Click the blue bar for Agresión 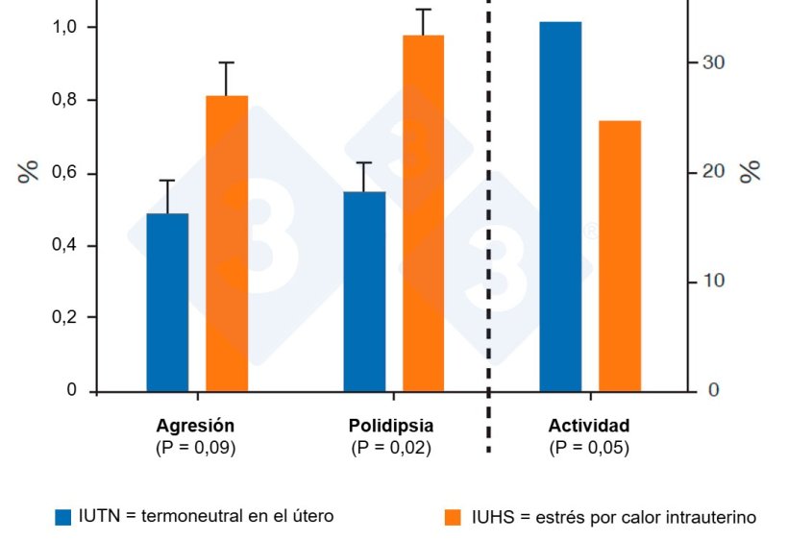coord(167,302)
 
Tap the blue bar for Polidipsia coord(364,291)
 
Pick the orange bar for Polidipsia coord(423,212)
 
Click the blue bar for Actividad coord(560,206)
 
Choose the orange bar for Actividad coord(620,256)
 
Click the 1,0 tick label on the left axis coord(64,27)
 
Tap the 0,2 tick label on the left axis coord(64,318)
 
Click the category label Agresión coord(195,426)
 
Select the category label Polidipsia coord(391,426)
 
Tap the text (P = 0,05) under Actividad coord(589,448)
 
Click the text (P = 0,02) coord(391,448)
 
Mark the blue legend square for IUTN coord(63,517)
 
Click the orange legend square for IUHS coord(453,517)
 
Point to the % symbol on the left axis coord(29,172)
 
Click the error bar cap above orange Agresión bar coord(227,62)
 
